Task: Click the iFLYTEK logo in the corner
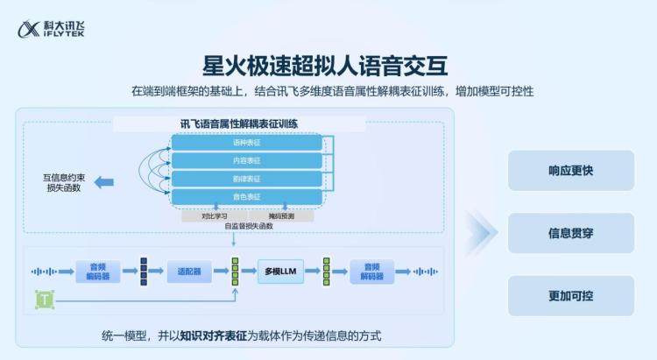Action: coord(51,31)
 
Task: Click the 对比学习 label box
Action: coord(214,215)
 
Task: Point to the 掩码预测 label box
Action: coord(280,215)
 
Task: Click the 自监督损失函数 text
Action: coord(249,226)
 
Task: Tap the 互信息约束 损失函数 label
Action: coord(62,182)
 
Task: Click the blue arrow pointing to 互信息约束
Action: coord(103,182)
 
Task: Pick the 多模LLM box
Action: coord(282,272)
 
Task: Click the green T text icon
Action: coord(43,300)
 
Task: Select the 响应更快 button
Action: coord(570,171)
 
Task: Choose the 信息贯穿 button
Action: coord(570,233)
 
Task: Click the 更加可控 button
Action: coord(570,296)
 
